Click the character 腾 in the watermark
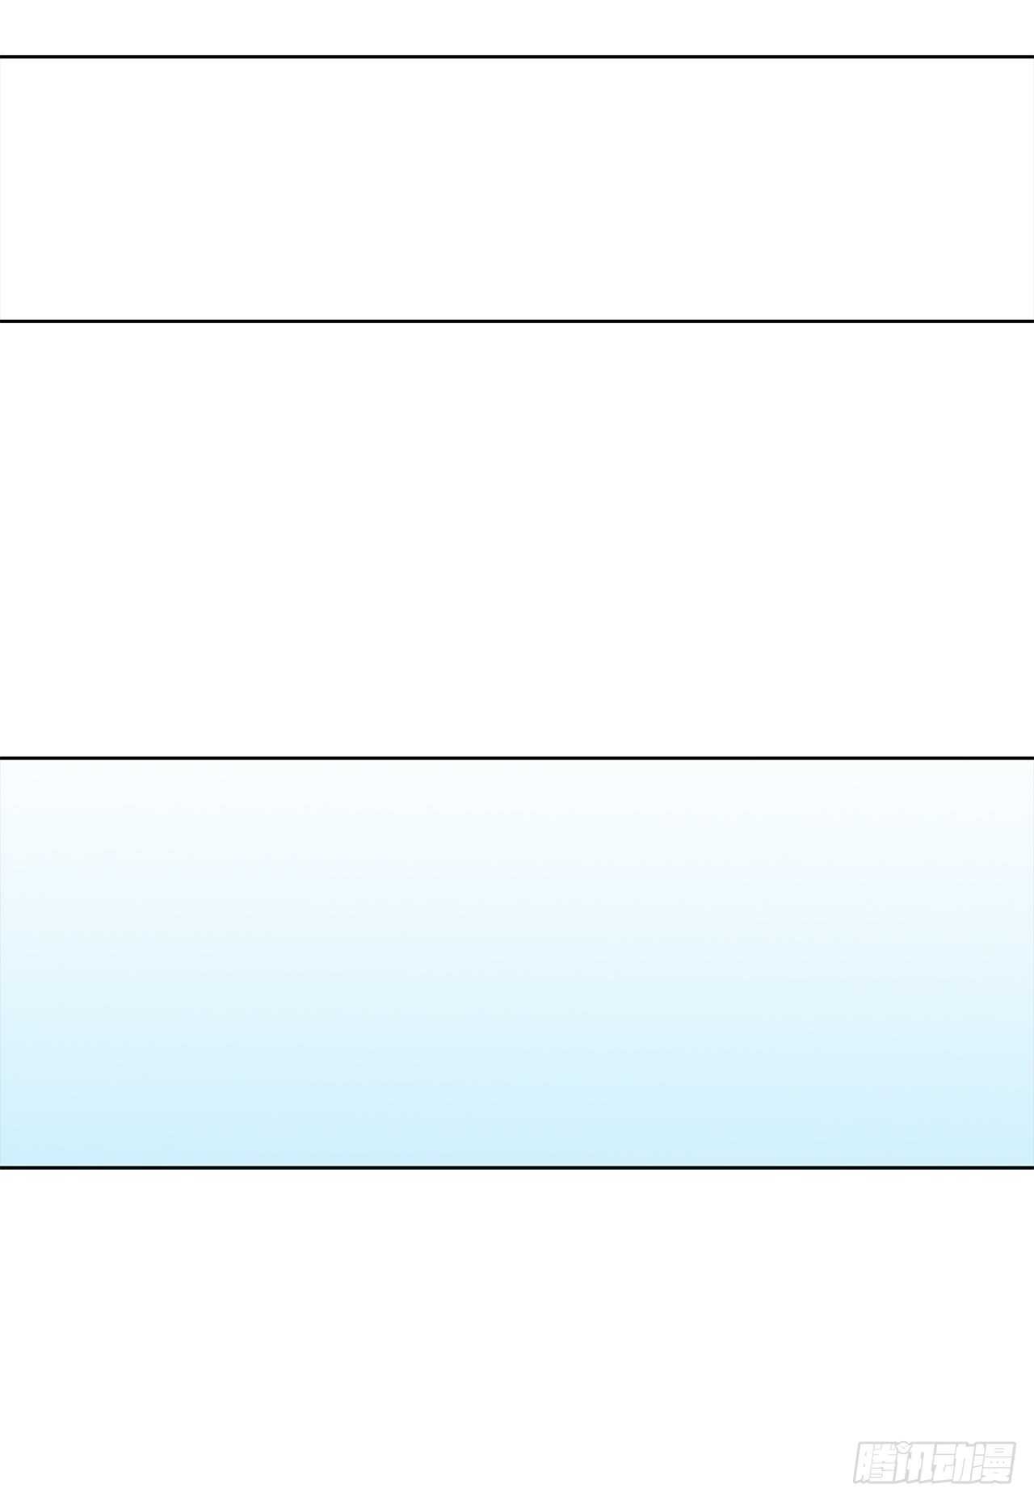pyautogui.click(x=875, y=1462)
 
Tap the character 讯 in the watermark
pyautogui.click(x=914, y=1462)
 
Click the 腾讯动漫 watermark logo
pyautogui.click(x=935, y=1462)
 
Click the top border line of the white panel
pyautogui.click(x=517, y=57)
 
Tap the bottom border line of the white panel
pyautogui.click(x=517, y=321)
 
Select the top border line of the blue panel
pyautogui.click(x=517, y=759)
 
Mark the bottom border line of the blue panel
pyautogui.click(x=517, y=1167)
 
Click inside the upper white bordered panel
pyautogui.click(x=517, y=189)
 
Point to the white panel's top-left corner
pyautogui.click(x=1, y=57)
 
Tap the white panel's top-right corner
pyautogui.click(x=1032, y=57)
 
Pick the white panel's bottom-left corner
pyautogui.click(x=1, y=321)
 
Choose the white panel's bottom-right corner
pyautogui.click(x=1032, y=321)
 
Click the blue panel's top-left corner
pyautogui.click(x=1, y=759)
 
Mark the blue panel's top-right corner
pyautogui.click(x=1032, y=759)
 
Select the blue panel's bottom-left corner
pyautogui.click(x=1, y=1167)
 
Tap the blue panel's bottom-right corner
pyautogui.click(x=1032, y=1167)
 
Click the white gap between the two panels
pyautogui.click(x=517, y=540)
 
